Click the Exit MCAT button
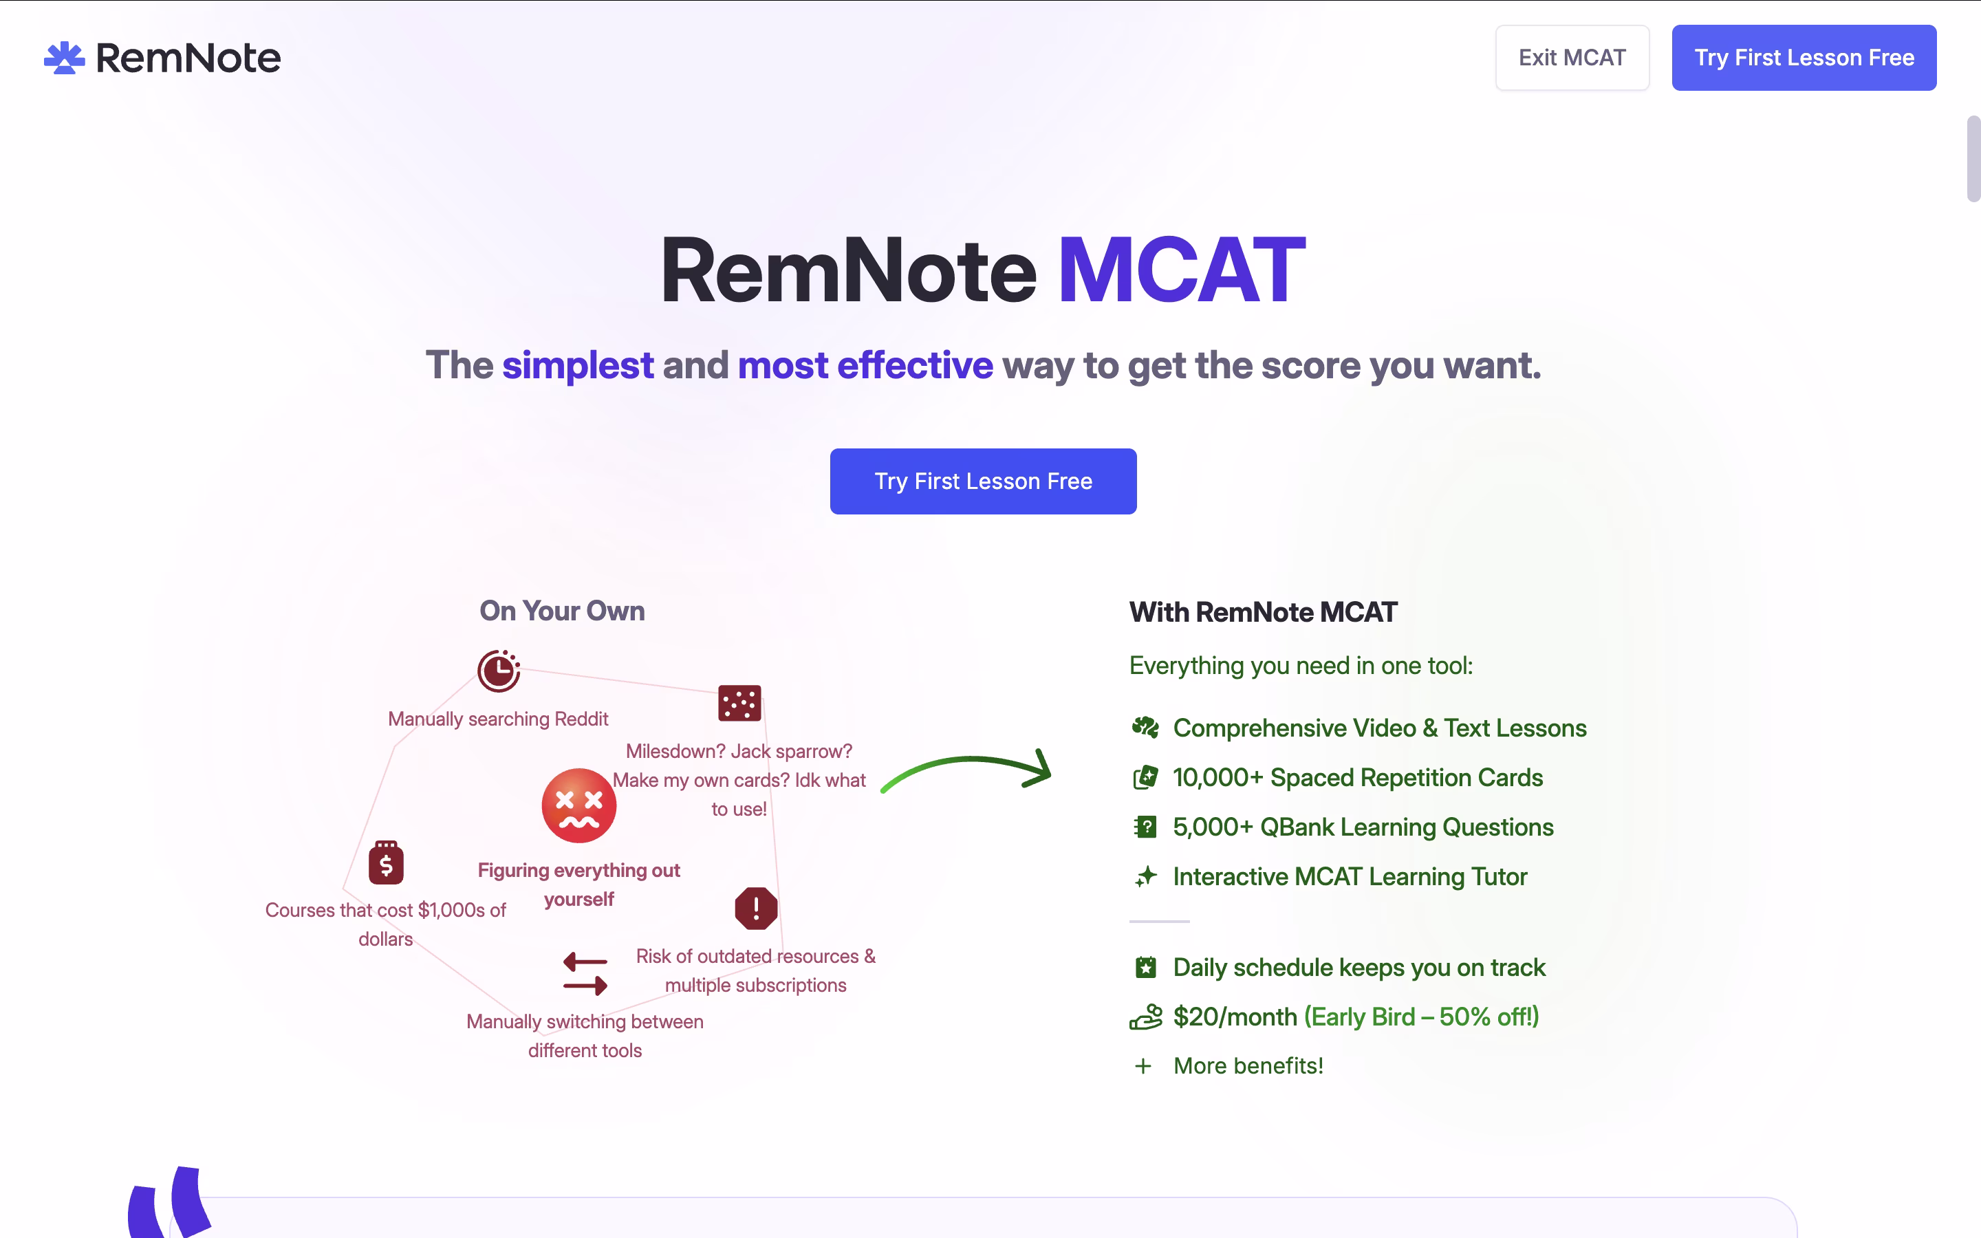tap(1572, 57)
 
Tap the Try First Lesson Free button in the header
tap(1804, 57)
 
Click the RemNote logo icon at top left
tap(64, 57)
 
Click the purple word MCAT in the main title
tap(1181, 270)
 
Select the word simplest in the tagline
tap(577, 365)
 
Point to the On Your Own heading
tap(563, 611)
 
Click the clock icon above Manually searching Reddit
tap(499, 671)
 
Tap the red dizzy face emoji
tap(578, 805)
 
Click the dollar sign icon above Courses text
tap(386, 862)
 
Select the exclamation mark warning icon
tap(755, 908)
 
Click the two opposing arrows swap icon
tap(585, 973)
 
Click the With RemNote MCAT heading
tap(1263, 612)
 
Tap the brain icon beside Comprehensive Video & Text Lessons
tap(1145, 727)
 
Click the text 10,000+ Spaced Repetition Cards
tap(1357, 777)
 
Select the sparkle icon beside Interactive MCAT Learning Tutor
tap(1145, 876)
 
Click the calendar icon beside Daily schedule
tap(1145, 967)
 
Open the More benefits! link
tap(1248, 1065)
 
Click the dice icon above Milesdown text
tap(739, 702)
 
